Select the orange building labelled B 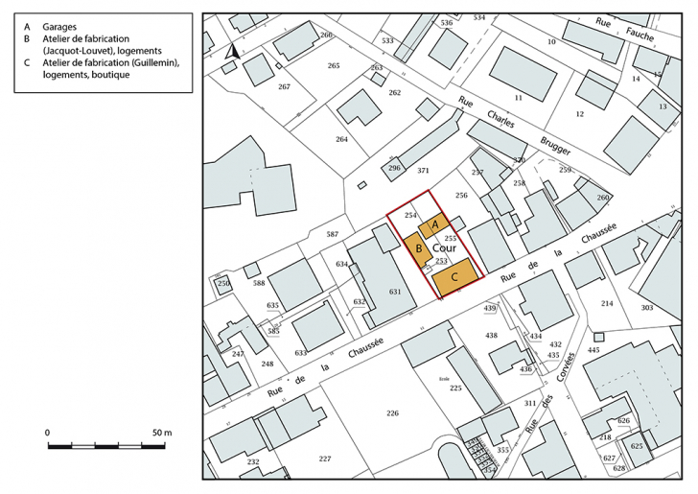[x=418, y=249]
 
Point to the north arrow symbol [x=230, y=53]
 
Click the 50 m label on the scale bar [x=161, y=433]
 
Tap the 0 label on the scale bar [x=47, y=433]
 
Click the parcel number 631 [x=393, y=292]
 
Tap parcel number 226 [x=392, y=413]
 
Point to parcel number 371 [x=423, y=170]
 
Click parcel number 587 [x=333, y=234]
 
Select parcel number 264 [x=341, y=140]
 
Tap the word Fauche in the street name [x=639, y=35]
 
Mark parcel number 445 [x=593, y=350]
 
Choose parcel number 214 [x=606, y=303]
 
